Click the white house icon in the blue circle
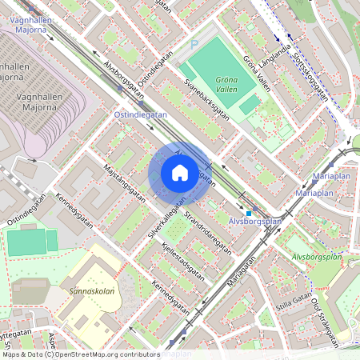[x=179, y=173]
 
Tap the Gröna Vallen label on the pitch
[x=230, y=81]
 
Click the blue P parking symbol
[x=194, y=46]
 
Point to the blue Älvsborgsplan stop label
[x=254, y=222]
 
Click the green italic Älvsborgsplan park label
[x=317, y=258]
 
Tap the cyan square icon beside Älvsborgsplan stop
[x=248, y=213]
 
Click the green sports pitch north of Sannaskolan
[x=32, y=242]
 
